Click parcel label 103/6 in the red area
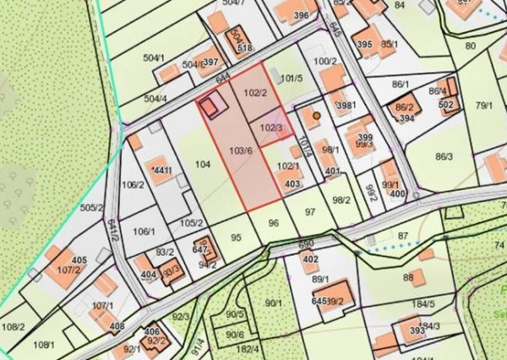pos(241,150)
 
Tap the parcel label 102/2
pos(255,93)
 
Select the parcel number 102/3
pos(271,128)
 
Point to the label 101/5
pos(291,79)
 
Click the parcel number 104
pos(202,164)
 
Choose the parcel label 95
pos(236,237)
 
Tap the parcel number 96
pos(273,223)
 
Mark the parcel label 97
pos(309,210)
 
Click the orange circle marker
pos(316,115)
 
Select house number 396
pos(301,16)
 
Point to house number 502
pos(446,104)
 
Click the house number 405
pos(79,259)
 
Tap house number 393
pos(417,330)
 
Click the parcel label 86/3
pos(444,156)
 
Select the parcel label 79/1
pos(483,106)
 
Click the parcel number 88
pos(408,277)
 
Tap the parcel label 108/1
pos(43,345)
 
